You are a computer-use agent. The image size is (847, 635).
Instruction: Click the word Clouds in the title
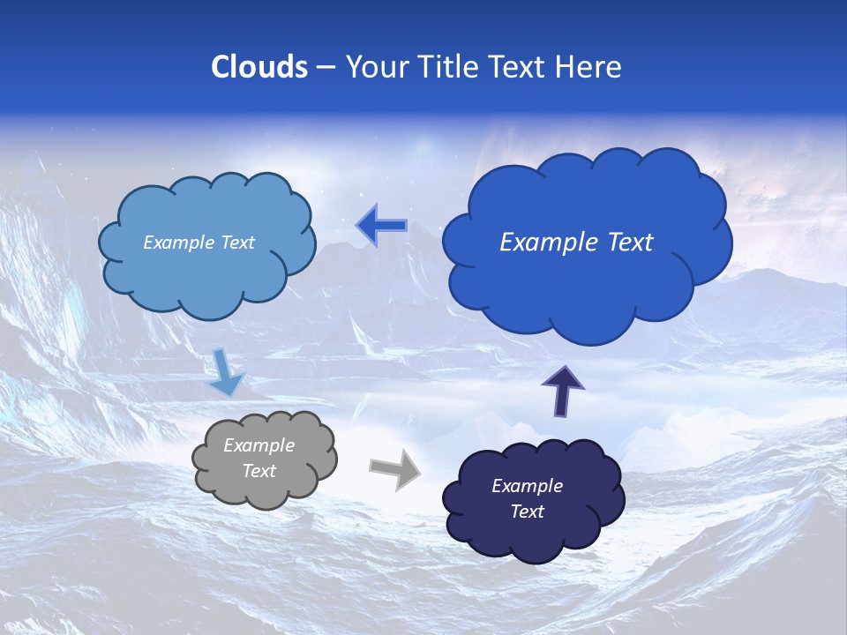[x=259, y=67]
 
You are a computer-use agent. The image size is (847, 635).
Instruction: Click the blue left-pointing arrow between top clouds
[x=381, y=227]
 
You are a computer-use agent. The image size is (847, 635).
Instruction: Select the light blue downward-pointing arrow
[x=226, y=372]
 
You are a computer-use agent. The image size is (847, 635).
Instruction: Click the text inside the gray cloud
[x=259, y=459]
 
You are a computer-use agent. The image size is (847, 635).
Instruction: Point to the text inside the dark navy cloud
[x=527, y=498]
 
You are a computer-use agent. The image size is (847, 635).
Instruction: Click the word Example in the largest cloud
[x=544, y=243]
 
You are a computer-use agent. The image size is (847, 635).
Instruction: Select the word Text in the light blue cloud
[x=236, y=243]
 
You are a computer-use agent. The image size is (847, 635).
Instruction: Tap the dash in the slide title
[x=326, y=67]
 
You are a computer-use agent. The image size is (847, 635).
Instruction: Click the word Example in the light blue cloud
[x=179, y=243]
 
